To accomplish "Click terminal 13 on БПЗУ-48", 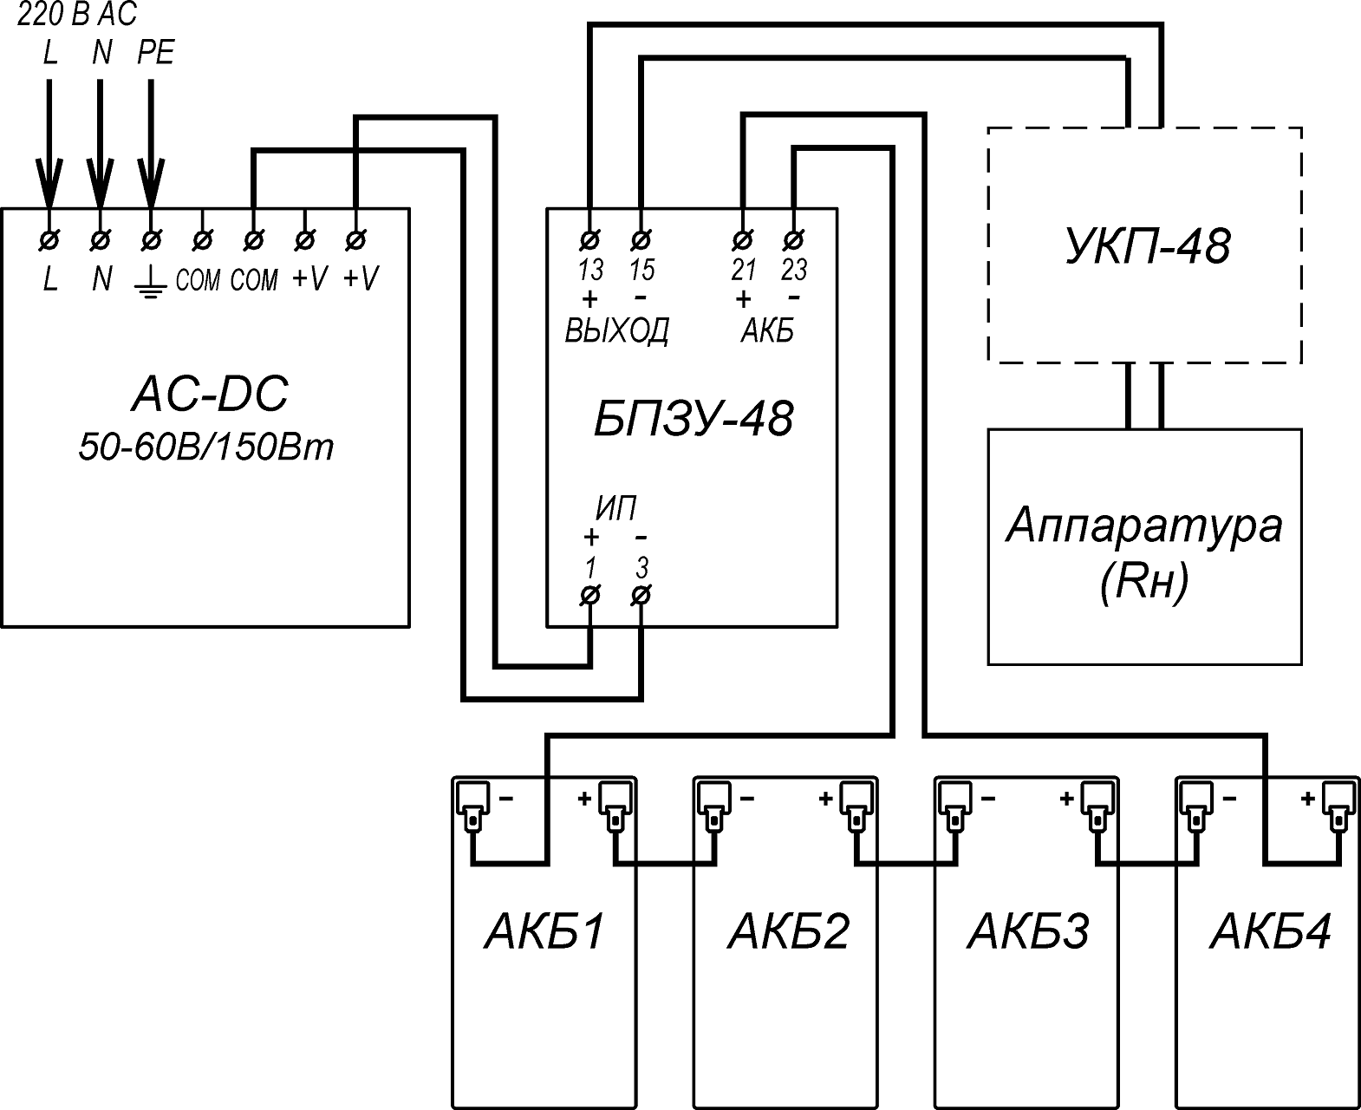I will (590, 238).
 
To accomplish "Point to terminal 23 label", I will (793, 271).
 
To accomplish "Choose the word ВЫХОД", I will (616, 331).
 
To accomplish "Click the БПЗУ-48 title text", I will (693, 420).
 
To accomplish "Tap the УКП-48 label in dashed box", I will (1145, 246).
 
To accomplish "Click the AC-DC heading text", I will (209, 395).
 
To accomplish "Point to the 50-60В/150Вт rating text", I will (205, 447).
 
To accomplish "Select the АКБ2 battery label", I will (788, 932).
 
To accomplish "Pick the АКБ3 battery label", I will (1028, 932).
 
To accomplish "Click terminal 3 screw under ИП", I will (641, 596).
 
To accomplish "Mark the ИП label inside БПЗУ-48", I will (615, 509).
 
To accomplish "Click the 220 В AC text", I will (77, 15).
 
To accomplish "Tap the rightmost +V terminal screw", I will (355, 238).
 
